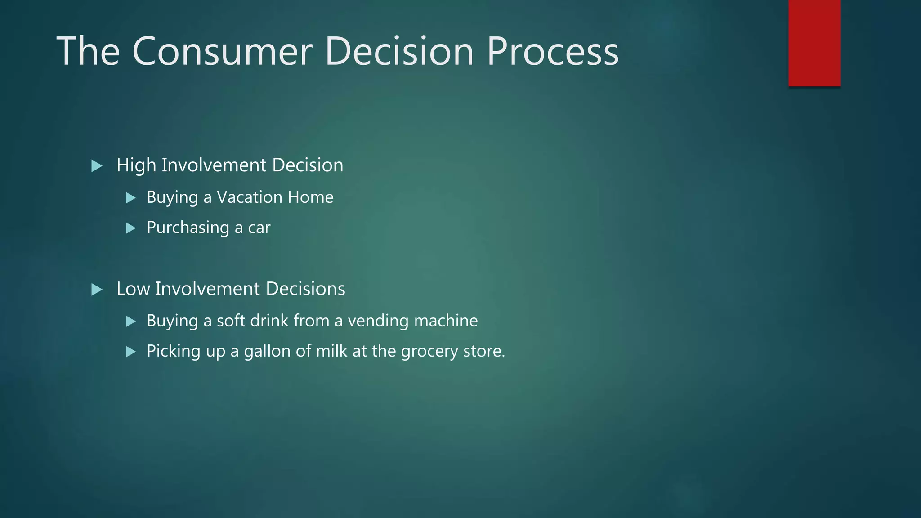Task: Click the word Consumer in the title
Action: pos(222,51)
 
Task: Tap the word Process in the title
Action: pos(553,51)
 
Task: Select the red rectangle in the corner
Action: pos(814,43)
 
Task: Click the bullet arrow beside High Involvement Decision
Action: pos(97,166)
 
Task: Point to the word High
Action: pos(136,165)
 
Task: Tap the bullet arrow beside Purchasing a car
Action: pos(130,228)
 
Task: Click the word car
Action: pos(259,228)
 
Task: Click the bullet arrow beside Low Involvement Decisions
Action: pos(97,290)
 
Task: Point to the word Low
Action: pos(133,289)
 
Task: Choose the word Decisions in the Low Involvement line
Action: pos(305,289)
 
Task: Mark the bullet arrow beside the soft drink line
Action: pos(130,321)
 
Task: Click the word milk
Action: pos(331,351)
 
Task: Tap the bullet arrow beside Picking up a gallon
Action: pos(130,352)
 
